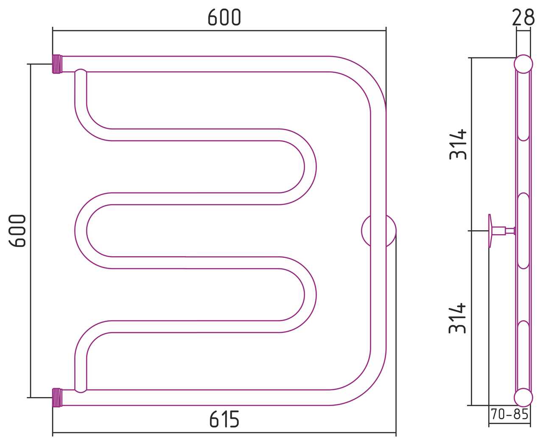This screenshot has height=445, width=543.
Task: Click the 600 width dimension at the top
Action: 224,17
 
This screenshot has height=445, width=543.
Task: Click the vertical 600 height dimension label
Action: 17,231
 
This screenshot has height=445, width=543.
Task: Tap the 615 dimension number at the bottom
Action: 224,419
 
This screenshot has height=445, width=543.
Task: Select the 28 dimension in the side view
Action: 523,17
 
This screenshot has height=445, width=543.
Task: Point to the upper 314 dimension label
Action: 458,145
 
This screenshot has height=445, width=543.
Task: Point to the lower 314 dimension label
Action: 458,318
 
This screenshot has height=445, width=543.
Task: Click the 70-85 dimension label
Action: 509,414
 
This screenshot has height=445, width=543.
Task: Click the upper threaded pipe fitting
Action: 57,64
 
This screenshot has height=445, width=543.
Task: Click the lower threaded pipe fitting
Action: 57,397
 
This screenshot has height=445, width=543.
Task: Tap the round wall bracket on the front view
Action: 378,231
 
